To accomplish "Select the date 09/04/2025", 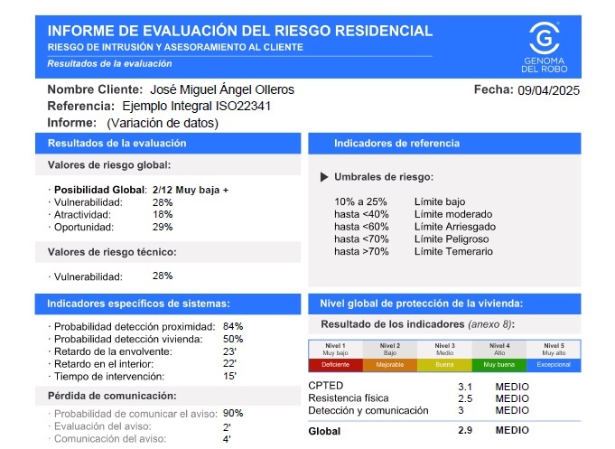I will point(547,90).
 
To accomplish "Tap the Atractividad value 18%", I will point(163,214).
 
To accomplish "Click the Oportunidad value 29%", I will point(163,227).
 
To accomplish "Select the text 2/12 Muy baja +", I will point(191,190).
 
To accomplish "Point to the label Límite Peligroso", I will point(452,239).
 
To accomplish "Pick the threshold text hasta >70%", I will point(361,251).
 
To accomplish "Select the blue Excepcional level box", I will point(553,365).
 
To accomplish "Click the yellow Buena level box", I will point(444,365).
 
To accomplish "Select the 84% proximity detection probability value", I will point(233,326).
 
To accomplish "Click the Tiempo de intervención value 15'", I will point(229,376).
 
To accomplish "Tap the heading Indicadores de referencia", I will point(396,143).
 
